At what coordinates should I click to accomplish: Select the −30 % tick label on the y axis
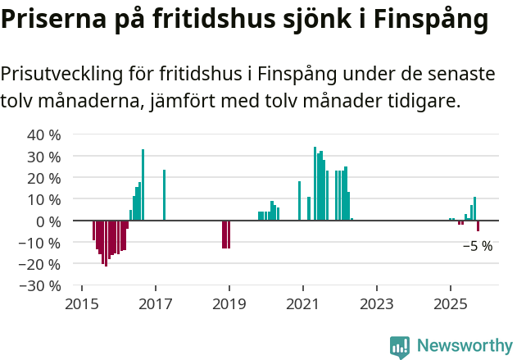tap(40, 286)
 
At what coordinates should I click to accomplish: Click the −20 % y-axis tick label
tap(40, 264)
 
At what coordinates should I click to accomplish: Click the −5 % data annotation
tap(478, 246)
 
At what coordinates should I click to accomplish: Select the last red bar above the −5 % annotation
tap(478, 226)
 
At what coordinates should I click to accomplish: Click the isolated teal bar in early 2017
tap(165, 195)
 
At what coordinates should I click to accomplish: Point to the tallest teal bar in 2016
tap(143, 185)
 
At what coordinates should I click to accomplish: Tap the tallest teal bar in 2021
tap(315, 184)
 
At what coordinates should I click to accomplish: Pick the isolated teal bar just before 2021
tap(299, 201)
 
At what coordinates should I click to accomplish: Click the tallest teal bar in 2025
tap(474, 208)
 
